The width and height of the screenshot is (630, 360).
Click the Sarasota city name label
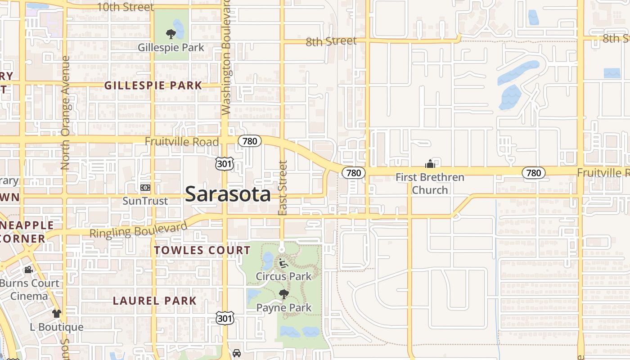tap(228, 194)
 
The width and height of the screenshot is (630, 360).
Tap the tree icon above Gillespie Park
tap(171, 34)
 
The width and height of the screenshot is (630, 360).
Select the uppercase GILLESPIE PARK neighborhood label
tap(153, 85)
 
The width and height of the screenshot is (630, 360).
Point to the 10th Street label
tap(125, 7)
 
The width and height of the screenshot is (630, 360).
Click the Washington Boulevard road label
tap(226, 58)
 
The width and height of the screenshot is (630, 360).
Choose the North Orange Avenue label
tap(65, 112)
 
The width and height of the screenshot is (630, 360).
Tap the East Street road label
tap(283, 188)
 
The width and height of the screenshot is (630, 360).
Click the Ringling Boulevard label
tap(138, 229)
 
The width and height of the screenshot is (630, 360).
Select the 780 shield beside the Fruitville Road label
tap(249, 141)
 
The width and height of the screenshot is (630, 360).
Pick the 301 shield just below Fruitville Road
tap(225, 164)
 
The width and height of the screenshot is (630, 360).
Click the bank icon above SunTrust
tap(145, 187)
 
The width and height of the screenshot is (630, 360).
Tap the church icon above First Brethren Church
tap(430, 163)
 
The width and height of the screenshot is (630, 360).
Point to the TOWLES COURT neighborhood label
tap(202, 250)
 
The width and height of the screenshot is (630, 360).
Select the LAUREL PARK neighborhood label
tap(154, 301)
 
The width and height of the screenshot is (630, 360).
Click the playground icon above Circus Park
tap(283, 263)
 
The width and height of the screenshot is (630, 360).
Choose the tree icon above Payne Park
tap(283, 295)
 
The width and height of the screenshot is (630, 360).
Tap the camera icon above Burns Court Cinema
tap(28, 270)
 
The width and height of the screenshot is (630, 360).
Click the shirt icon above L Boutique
tap(56, 313)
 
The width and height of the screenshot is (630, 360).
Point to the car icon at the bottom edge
tap(237, 354)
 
